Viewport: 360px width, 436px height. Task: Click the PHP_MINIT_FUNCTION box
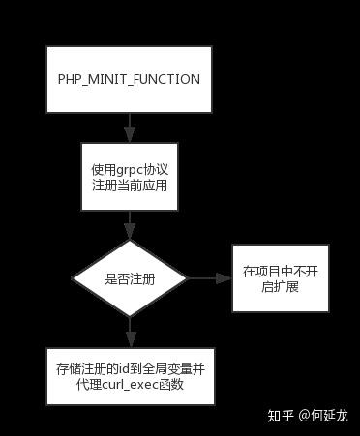coord(129,79)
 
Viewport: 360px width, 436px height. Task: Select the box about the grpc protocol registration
coord(129,177)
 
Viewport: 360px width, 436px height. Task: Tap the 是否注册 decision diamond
coord(129,278)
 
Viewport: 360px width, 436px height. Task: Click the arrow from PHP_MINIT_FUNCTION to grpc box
coord(129,129)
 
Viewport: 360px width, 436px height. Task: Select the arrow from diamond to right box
coord(209,278)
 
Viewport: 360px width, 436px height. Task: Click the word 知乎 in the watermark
coord(281,416)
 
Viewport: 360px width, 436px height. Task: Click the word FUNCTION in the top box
coord(169,79)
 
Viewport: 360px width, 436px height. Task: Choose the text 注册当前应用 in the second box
coord(129,186)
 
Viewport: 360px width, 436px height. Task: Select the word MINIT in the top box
coord(111,79)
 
